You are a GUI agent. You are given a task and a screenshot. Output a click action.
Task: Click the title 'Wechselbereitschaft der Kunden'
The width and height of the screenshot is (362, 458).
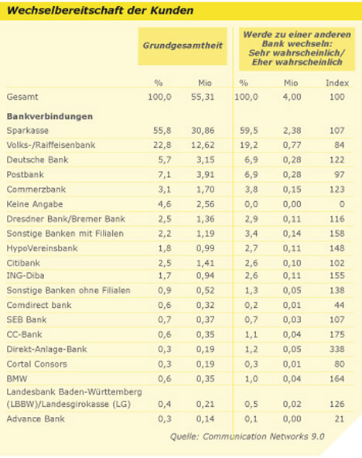coord(100,11)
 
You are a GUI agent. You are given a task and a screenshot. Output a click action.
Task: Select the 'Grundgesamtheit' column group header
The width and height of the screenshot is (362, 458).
coord(183,46)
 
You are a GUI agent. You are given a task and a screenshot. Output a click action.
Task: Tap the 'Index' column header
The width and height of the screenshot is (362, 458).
coord(337,83)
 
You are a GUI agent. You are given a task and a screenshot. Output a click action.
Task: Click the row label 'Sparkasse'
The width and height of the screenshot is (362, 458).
coord(27,130)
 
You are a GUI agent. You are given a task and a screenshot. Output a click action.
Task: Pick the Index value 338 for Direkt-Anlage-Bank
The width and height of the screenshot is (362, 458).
coord(337,349)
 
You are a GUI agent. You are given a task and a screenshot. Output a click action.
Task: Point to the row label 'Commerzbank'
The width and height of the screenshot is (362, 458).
coord(36,190)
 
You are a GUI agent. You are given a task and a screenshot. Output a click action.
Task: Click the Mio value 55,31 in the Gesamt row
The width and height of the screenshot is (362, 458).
coord(203,97)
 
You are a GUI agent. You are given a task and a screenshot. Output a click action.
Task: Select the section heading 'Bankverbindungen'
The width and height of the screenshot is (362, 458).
coord(50,116)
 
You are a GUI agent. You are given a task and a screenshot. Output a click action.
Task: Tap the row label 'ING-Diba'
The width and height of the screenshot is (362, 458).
coord(26,275)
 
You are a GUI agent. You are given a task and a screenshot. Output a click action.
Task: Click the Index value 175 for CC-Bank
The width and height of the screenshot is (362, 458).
coord(337,334)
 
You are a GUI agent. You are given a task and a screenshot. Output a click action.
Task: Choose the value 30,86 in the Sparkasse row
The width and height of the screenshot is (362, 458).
coord(203,130)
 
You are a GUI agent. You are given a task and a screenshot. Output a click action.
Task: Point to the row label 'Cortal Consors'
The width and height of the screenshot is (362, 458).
coord(37,364)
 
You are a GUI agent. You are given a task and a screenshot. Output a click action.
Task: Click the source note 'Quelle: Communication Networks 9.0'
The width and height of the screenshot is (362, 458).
coord(248,436)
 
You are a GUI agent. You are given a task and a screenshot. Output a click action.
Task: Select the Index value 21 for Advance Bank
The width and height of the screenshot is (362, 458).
coord(340,419)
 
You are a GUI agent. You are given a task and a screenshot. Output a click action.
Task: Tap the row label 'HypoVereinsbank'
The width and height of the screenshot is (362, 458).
coord(43,248)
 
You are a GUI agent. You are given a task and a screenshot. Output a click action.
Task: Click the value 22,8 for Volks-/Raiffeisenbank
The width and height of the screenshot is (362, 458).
coord(162,145)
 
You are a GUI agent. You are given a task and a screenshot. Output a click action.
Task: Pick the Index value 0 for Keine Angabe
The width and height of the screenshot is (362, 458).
coord(342,204)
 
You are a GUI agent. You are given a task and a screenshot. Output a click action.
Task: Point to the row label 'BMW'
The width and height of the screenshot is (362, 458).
coord(17,379)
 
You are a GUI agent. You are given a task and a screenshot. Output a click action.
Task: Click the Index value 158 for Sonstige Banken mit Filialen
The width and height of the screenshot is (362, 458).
coord(337,234)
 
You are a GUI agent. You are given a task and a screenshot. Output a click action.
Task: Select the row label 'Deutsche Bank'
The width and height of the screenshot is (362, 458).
coord(37,160)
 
